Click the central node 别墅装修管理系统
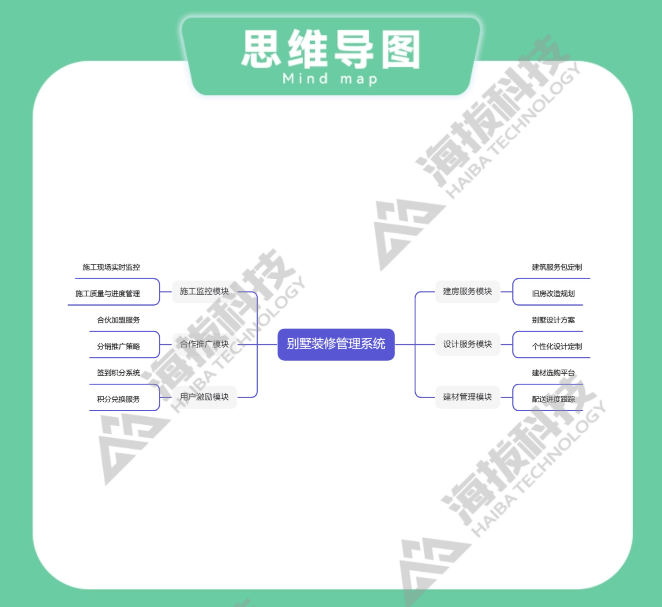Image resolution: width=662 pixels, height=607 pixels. tap(336, 344)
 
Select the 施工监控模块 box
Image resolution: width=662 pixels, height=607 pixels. tap(204, 291)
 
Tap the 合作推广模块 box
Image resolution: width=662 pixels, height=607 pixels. tap(204, 344)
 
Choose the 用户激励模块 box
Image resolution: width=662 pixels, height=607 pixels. tap(204, 397)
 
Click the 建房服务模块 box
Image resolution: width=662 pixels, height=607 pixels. tap(467, 291)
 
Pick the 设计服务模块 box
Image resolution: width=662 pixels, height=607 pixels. tap(467, 344)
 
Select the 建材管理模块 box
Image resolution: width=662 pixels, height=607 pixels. tap(467, 397)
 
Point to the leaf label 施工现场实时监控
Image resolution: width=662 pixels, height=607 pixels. tap(111, 267)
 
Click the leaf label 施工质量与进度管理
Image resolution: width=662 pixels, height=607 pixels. tap(108, 294)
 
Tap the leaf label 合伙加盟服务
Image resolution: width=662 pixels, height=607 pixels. tap(118, 320)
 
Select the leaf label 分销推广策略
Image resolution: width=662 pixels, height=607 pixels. tap(118, 347)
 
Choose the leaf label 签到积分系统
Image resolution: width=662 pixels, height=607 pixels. tap(118, 373)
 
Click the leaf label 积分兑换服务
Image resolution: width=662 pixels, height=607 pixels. tap(118, 399)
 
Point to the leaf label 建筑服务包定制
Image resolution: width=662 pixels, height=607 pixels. tap(557, 267)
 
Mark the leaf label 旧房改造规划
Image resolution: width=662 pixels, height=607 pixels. tap(553, 294)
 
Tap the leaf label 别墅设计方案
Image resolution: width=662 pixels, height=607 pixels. tap(553, 320)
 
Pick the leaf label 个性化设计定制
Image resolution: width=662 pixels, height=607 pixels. tap(557, 347)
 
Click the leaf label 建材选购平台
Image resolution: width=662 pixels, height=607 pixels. tap(553, 373)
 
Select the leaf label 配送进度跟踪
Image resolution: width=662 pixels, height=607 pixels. tap(553, 399)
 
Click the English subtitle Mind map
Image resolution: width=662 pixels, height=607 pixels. tap(330, 79)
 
